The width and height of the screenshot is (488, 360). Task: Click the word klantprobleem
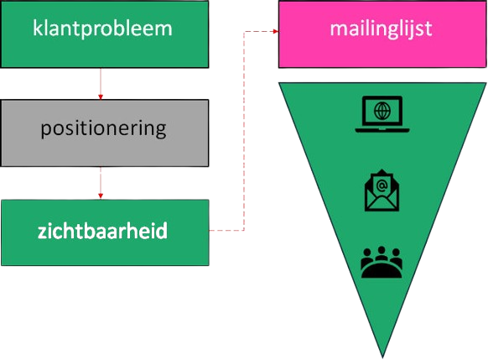pyautogui.click(x=102, y=29)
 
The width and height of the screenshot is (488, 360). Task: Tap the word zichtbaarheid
pyautogui.click(x=103, y=229)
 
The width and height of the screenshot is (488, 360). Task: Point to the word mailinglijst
pyautogui.click(x=382, y=29)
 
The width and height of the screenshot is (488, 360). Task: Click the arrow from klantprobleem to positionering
pyautogui.click(x=101, y=83)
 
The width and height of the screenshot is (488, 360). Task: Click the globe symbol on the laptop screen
pyautogui.click(x=382, y=110)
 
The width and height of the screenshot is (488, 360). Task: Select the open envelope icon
pyautogui.click(x=382, y=190)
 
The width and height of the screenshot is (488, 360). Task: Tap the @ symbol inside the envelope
pyautogui.click(x=382, y=184)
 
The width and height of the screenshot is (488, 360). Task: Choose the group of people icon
pyautogui.click(x=382, y=262)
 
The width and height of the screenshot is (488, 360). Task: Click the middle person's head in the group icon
pyautogui.click(x=382, y=252)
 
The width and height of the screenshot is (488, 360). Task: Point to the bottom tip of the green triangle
pyautogui.click(x=383, y=355)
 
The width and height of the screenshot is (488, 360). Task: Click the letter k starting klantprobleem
pyautogui.click(x=37, y=29)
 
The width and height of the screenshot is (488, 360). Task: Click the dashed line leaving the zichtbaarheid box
pyautogui.click(x=225, y=229)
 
